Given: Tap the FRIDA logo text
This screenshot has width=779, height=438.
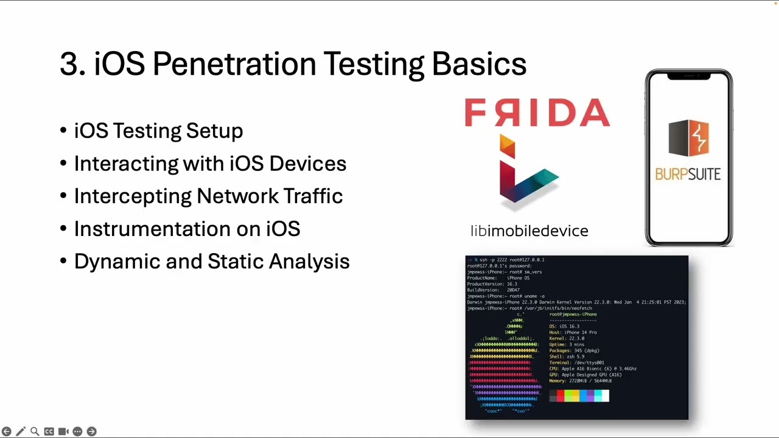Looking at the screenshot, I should (x=537, y=113).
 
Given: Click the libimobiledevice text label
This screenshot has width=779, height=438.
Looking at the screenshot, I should (x=529, y=231).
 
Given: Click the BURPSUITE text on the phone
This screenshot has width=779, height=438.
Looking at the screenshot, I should (x=688, y=175).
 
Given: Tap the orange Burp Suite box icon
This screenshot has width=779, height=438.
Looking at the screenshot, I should (x=688, y=139).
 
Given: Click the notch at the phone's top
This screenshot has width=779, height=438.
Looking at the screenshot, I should (x=689, y=76).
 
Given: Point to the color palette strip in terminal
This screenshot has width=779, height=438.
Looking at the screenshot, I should (x=579, y=396).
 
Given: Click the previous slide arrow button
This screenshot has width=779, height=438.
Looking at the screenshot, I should (x=7, y=431).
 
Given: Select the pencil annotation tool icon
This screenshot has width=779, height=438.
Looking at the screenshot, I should (x=21, y=431).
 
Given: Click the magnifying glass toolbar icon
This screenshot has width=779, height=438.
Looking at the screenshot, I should (x=35, y=431).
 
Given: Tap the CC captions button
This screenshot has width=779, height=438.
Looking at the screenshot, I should (x=49, y=431).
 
